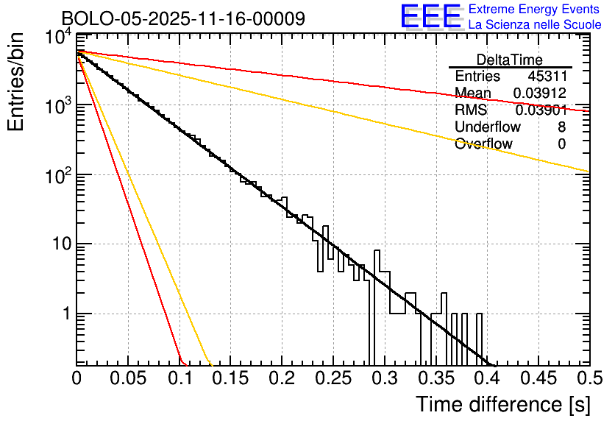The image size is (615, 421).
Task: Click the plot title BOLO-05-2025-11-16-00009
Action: pos(183,18)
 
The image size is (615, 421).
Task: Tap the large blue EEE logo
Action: pos(430,17)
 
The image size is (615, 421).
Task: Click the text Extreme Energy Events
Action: pos(534,10)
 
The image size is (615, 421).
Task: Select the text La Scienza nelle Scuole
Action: pos(535,25)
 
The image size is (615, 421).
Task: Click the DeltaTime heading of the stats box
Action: pos(510,60)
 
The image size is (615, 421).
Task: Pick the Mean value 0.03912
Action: pos(539,93)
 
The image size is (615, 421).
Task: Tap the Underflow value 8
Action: pos(561,127)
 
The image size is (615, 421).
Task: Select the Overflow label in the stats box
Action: pos(483,144)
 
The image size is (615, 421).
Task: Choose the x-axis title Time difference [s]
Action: pos(502,404)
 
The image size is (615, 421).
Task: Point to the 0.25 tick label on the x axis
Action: pos(333,379)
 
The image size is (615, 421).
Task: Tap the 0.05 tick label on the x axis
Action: pos(128,379)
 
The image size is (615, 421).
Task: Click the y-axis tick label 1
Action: pos(64,314)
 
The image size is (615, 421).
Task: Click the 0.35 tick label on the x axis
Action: pos(435,379)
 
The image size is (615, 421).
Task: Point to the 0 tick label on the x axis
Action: pos(77,379)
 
